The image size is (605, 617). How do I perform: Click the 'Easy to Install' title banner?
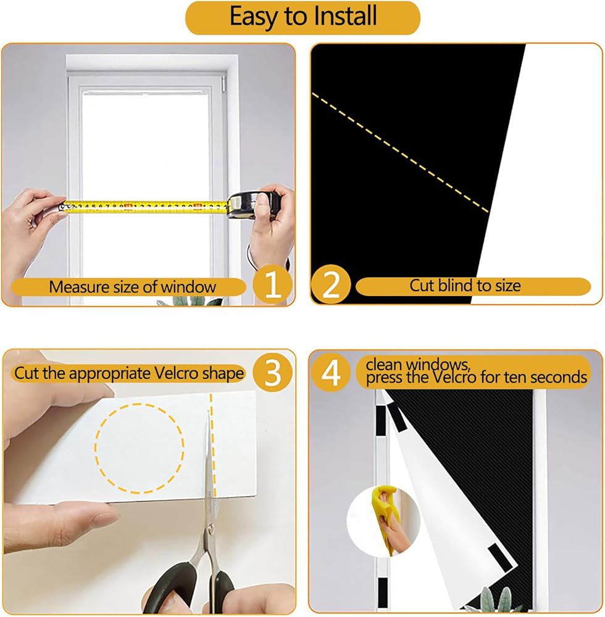tap(302, 18)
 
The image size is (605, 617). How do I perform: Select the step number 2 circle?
tap(331, 284)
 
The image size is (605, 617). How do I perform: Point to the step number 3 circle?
tap(273, 372)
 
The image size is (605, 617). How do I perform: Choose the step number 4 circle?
tap(331, 372)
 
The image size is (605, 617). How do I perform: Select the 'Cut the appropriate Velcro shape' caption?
tap(128, 373)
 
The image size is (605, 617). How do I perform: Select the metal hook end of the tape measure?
tap(62, 206)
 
